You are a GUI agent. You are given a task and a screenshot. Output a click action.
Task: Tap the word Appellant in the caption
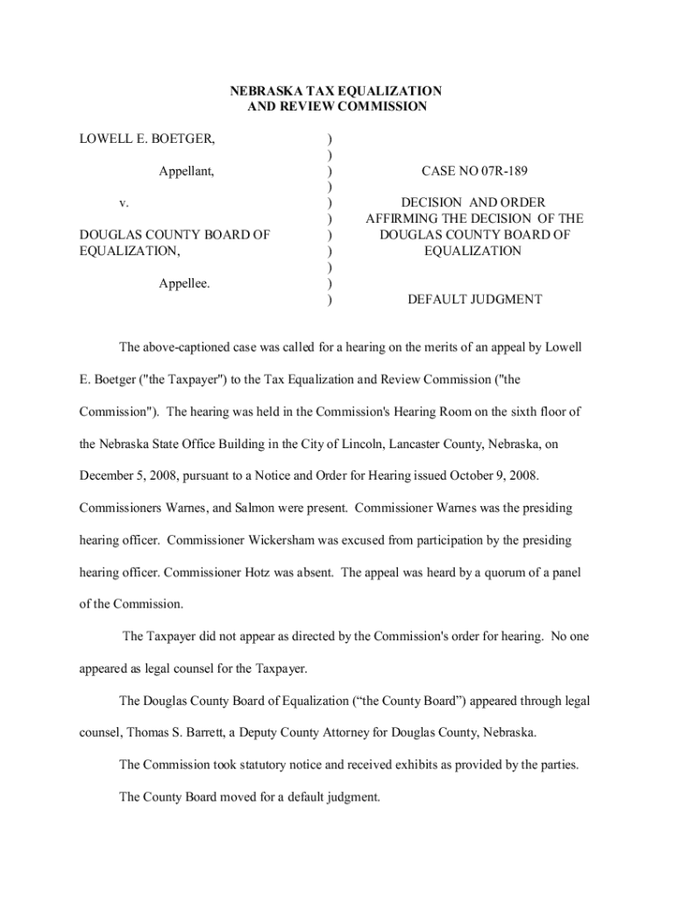[x=187, y=172]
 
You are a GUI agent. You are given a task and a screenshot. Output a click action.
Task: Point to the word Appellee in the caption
[x=184, y=283]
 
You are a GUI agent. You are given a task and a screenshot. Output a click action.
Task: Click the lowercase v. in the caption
[x=124, y=203]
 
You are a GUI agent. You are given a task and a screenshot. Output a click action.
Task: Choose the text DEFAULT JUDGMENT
[x=474, y=299]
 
